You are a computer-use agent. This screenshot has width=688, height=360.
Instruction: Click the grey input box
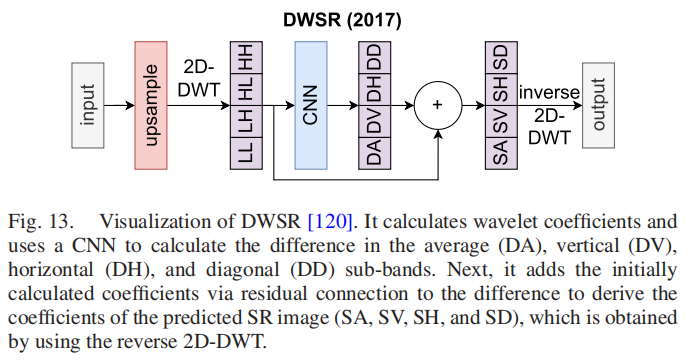[87, 104]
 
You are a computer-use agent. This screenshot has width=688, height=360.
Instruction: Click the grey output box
[599, 104]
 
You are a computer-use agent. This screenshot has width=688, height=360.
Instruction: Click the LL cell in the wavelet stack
[244, 150]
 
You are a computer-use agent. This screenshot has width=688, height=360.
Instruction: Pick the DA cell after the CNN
[372, 151]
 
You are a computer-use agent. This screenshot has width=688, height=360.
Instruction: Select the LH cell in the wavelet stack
[244, 120]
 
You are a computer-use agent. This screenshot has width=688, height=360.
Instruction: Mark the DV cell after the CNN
[372, 120]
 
